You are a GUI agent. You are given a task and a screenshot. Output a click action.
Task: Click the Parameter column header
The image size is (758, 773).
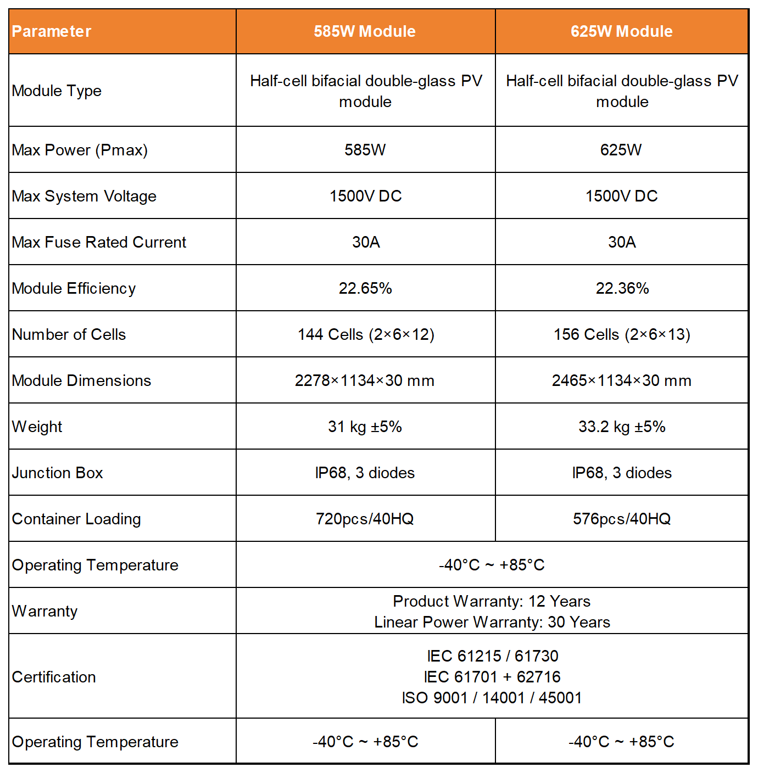[52, 31]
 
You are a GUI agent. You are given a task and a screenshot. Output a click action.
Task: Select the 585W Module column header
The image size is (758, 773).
[365, 31]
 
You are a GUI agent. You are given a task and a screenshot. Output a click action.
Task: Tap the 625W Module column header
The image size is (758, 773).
[621, 31]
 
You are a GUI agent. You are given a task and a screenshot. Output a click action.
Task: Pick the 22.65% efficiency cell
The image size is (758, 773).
[365, 288]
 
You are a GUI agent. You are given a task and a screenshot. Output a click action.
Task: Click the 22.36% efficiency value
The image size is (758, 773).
[622, 288]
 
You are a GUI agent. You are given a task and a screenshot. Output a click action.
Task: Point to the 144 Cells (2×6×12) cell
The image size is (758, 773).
[366, 334]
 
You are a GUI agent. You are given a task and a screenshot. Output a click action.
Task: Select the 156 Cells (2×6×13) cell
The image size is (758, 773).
[622, 334]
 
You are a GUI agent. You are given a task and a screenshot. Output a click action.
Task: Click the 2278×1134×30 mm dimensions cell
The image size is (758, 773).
[365, 380]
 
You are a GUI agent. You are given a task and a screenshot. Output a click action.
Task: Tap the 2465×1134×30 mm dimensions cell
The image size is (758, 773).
[622, 380]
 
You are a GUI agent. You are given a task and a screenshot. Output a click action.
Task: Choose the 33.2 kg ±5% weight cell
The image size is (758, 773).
[622, 427]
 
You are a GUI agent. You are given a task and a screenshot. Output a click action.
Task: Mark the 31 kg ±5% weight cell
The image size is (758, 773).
[365, 427]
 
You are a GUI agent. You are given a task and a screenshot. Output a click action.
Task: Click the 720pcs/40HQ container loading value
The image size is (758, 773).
[365, 519]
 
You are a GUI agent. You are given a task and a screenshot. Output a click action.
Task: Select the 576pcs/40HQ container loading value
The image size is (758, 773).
[622, 519]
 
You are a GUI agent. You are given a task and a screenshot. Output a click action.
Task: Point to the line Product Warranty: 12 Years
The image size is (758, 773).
[492, 601]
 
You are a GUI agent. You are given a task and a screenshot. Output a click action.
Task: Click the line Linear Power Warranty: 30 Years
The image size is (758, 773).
[492, 622]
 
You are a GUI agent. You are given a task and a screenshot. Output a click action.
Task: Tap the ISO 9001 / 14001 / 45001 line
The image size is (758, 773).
[492, 698]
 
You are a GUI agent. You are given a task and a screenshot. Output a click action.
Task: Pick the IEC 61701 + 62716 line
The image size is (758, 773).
[492, 677]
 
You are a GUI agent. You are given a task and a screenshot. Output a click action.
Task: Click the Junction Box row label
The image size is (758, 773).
[58, 473]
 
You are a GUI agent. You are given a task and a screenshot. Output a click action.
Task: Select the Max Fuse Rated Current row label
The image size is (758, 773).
[99, 242]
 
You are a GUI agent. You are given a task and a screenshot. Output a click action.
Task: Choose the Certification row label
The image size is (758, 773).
[54, 677]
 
